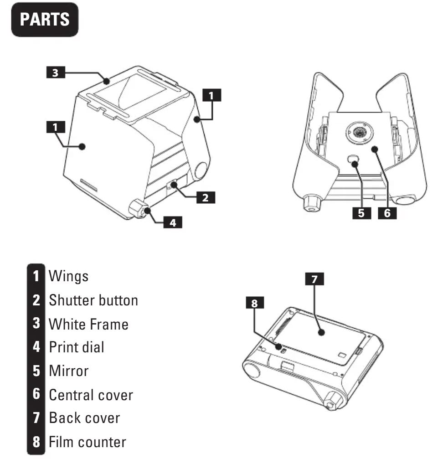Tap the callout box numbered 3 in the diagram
pyautogui.click(x=56, y=72)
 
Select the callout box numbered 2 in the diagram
pyautogui.click(x=206, y=197)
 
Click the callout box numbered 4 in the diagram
pyautogui.click(x=173, y=223)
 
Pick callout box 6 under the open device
pyautogui.click(x=387, y=213)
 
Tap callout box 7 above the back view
pyautogui.click(x=314, y=279)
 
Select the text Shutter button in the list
pyautogui.click(x=93, y=300)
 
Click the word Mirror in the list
pyautogui.click(x=69, y=371)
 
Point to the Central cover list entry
pyautogui.click(x=91, y=394)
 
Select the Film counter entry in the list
pyautogui.click(x=87, y=441)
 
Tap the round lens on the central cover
pyautogui.click(x=361, y=132)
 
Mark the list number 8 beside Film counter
pyautogui.click(x=36, y=441)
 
